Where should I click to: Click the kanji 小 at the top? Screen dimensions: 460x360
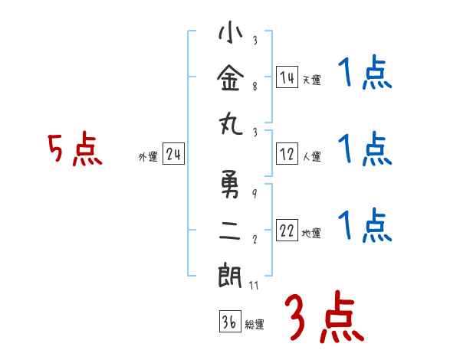click(231, 35)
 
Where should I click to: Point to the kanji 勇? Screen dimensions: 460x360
click(231, 185)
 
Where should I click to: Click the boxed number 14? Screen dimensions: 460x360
click(287, 77)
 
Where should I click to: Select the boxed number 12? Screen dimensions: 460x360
click(287, 154)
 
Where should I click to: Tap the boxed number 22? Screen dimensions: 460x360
click(287, 231)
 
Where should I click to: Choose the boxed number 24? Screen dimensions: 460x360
click(173, 155)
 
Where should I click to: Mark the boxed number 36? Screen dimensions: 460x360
click(229, 322)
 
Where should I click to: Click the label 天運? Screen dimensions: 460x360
click(311, 80)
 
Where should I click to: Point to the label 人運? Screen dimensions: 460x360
click(311, 157)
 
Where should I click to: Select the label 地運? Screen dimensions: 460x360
click(311, 234)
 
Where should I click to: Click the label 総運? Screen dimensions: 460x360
click(255, 325)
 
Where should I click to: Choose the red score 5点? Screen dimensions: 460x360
click(74, 149)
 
